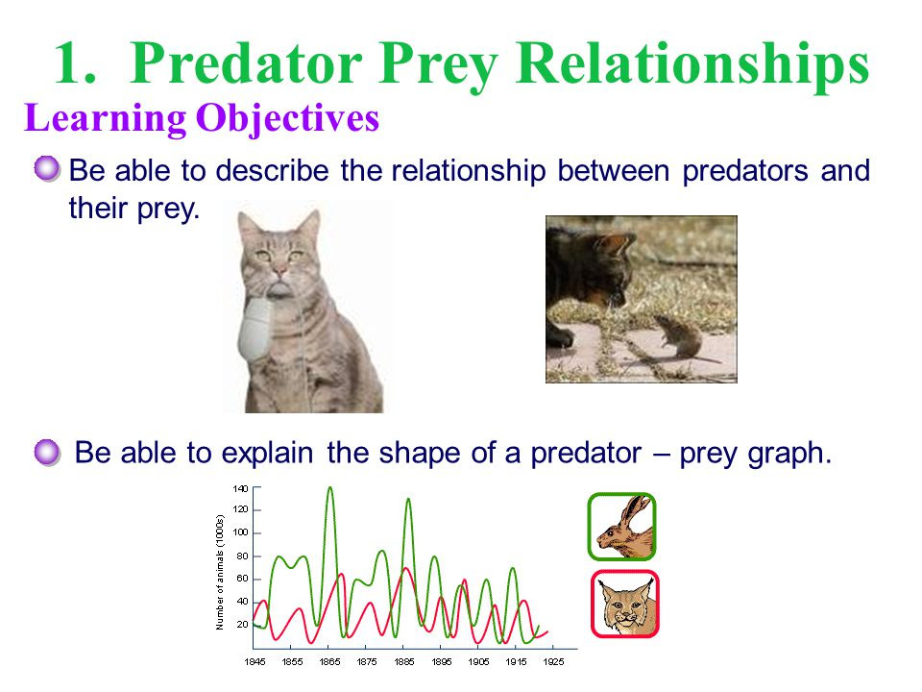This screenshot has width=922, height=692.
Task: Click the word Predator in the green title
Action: [247, 63]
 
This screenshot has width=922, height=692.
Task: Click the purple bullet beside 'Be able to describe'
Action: [47, 169]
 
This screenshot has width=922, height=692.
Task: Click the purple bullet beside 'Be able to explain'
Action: [47, 453]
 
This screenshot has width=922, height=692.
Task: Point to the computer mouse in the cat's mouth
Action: [255, 328]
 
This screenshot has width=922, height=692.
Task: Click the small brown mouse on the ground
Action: [682, 337]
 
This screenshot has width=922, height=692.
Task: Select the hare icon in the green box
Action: [621, 527]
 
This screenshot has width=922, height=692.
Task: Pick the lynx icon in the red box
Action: [624, 604]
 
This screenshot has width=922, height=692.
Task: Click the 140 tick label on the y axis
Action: [240, 488]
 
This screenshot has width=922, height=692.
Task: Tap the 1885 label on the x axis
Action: [404, 662]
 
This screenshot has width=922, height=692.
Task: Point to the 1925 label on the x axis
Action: [553, 662]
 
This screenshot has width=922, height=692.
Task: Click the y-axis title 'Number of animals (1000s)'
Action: [220, 573]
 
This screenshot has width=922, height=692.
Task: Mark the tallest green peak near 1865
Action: [329, 488]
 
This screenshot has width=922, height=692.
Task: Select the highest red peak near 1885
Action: [405, 568]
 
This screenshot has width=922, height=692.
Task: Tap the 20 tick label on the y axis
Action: [242, 625]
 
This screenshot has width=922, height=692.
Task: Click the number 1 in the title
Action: [74, 63]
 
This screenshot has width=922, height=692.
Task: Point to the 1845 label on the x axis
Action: [255, 662]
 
